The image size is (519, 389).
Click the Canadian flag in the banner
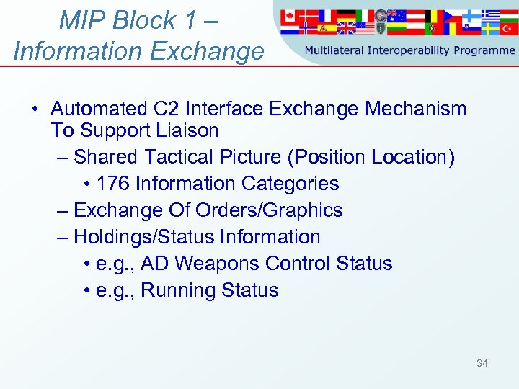click(x=290, y=15)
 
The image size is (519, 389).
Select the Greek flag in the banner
click(x=490, y=14)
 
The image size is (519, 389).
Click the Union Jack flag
click(x=346, y=28)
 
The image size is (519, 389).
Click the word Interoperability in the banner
click(x=409, y=50)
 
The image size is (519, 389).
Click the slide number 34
click(x=482, y=363)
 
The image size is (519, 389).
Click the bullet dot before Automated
click(x=34, y=109)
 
